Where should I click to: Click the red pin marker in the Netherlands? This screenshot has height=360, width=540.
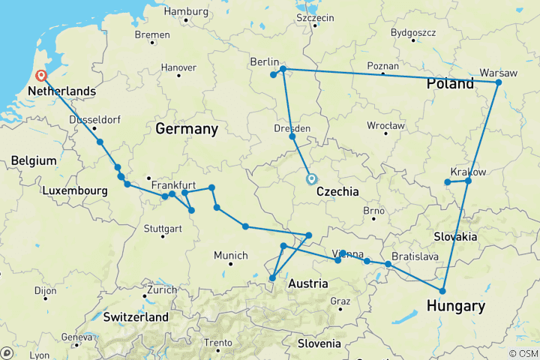pos(41,76)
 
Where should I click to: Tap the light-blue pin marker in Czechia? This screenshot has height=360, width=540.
pos(311,179)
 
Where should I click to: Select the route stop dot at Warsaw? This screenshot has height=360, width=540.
pos(498,82)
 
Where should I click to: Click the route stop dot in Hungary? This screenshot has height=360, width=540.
pos(442,291)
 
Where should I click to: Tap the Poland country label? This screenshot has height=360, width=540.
pos(450,83)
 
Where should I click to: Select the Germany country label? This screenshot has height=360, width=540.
pos(187,129)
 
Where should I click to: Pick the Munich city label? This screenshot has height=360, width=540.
pos(231,256)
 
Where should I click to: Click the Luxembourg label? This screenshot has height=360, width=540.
pos(75,191)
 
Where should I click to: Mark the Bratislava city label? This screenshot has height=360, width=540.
pos(415,256)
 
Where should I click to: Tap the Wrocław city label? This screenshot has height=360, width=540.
pos(386,125)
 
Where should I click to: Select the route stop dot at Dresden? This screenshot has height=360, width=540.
pos(292,136)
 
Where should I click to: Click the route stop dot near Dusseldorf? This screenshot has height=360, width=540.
pos(99,142)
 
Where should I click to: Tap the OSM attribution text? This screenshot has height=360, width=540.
pos(522,353)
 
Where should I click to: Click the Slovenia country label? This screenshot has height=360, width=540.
pos(319,343)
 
